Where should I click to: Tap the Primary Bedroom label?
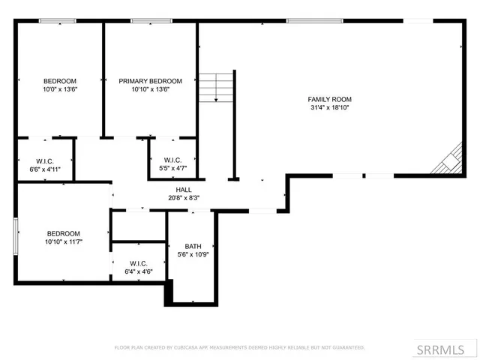(x=150, y=81)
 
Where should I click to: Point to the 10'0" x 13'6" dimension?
(x=60, y=89)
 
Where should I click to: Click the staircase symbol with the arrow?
(x=217, y=87)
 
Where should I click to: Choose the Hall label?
(x=183, y=190)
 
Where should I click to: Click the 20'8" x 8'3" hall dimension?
(x=183, y=198)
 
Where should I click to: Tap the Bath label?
(x=193, y=246)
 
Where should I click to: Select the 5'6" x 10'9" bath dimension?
(x=193, y=255)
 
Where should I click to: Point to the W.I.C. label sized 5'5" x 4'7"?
(x=172, y=160)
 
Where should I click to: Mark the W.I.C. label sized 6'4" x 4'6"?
(x=138, y=263)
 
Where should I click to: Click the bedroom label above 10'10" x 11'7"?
(x=63, y=233)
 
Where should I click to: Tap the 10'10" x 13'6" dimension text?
(x=150, y=89)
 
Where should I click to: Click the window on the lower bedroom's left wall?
(x=16, y=233)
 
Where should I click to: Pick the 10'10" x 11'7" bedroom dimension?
(x=63, y=242)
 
